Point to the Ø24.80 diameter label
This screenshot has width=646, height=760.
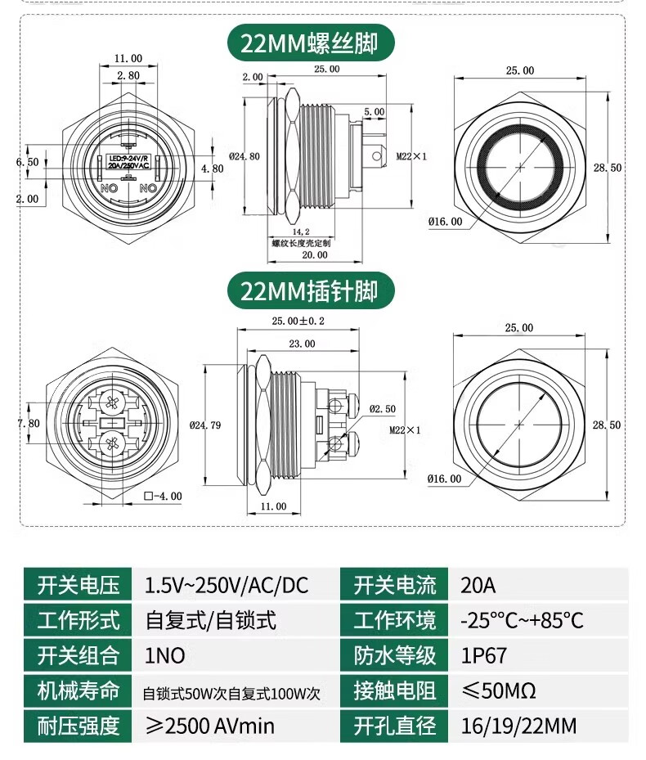point(245,156)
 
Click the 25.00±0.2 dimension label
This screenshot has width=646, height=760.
point(297,322)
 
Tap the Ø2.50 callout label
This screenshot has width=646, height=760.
point(382,408)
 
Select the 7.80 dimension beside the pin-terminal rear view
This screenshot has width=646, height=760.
point(28,423)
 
